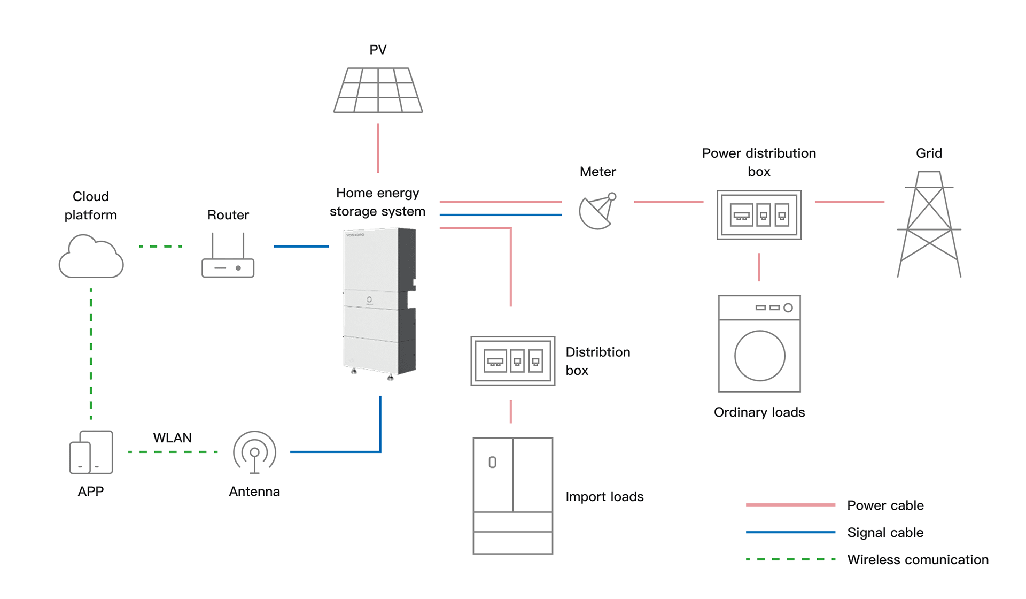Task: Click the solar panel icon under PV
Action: click(x=378, y=90)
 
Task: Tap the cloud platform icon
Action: click(x=91, y=257)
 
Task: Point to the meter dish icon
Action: click(x=597, y=212)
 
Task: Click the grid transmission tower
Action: click(x=929, y=225)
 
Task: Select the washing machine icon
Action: click(x=759, y=343)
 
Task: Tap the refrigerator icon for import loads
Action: click(x=513, y=496)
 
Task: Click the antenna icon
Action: click(x=255, y=452)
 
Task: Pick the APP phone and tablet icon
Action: click(x=91, y=452)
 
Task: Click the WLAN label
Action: click(x=172, y=437)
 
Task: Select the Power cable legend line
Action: click(x=790, y=505)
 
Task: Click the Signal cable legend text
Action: click(x=885, y=533)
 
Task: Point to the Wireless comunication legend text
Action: click(x=918, y=560)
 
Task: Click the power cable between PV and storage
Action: click(x=378, y=148)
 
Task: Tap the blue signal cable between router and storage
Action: click(x=301, y=247)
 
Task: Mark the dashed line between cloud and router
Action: click(x=160, y=247)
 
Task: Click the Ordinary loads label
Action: click(x=759, y=412)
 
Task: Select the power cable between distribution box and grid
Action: click(x=849, y=202)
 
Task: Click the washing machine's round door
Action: click(x=759, y=356)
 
